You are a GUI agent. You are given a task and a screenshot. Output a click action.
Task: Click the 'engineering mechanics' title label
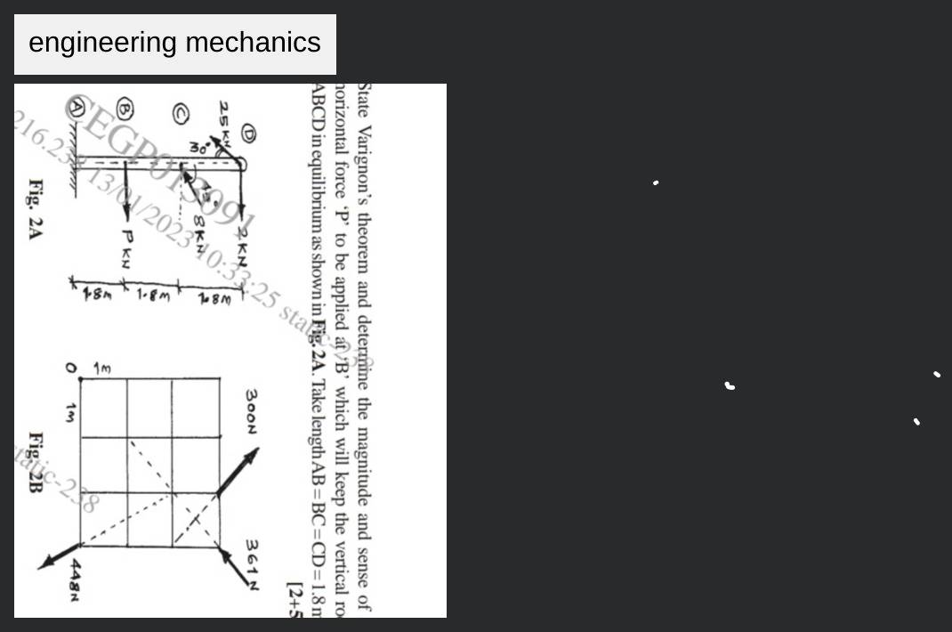pos(174,43)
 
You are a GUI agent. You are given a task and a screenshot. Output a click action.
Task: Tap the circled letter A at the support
pos(78,108)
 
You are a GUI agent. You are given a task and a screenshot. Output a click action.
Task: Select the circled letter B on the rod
pos(125,109)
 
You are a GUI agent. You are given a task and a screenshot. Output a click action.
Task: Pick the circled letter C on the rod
pos(181,112)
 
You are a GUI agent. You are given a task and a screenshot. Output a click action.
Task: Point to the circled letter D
pos(248,134)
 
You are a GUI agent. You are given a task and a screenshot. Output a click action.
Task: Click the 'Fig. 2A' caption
pos(36,209)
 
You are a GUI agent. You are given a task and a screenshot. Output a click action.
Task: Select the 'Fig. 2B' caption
pos(36,463)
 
